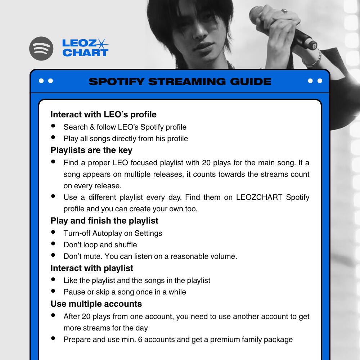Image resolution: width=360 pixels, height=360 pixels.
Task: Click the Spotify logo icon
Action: pyautogui.click(x=41, y=49)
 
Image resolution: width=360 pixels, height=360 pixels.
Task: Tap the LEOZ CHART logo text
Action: pyautogui.click(x=85, y=48)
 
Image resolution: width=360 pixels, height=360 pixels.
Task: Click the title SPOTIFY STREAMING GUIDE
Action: pyautogui.click(x=180, y=81)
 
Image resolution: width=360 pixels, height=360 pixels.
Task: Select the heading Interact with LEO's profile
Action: pyautogui.click(x=103, y=114)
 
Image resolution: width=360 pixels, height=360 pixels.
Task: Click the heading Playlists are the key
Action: pyautogui.click(x=91, y=150)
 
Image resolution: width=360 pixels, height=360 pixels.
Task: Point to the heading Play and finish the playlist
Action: pyautogui.click(x=104, y=221)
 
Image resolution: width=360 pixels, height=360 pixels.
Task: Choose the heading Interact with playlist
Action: pyautogui.click(x=92, y=268)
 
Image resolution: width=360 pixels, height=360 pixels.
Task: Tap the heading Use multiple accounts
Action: pyautogui.click(x=96, y=304)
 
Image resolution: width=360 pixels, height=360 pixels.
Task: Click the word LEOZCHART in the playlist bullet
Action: pyautogui.click(x=259, y=197)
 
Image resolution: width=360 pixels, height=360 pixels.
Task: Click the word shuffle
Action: pyautogui.click(x=126, y=245)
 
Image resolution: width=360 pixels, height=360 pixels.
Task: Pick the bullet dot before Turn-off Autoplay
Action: pyautogui.click(x=53, y=232)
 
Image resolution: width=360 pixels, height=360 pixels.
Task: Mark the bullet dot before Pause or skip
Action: pyautogui.click(x=53, y=291)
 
